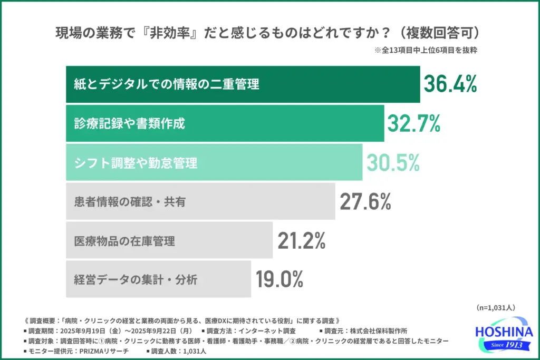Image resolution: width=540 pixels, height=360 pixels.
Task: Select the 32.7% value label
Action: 414,123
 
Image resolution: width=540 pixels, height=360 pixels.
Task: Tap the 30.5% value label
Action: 393,163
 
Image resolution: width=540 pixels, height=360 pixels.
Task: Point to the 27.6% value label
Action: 365,201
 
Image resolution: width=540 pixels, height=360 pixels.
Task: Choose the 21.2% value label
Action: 302,241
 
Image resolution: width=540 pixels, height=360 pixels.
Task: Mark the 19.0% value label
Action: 279,279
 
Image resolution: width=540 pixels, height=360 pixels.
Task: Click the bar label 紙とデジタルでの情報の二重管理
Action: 166,84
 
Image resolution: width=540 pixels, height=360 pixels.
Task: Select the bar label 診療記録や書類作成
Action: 129,124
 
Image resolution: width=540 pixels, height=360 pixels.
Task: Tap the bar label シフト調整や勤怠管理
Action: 136,163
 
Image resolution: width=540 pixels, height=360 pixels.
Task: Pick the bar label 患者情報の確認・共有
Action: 129,201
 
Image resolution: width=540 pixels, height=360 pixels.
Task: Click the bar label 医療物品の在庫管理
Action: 124,241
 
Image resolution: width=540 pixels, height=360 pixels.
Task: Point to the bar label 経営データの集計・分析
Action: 136,279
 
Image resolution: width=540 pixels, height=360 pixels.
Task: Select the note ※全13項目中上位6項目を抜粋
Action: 426,51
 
